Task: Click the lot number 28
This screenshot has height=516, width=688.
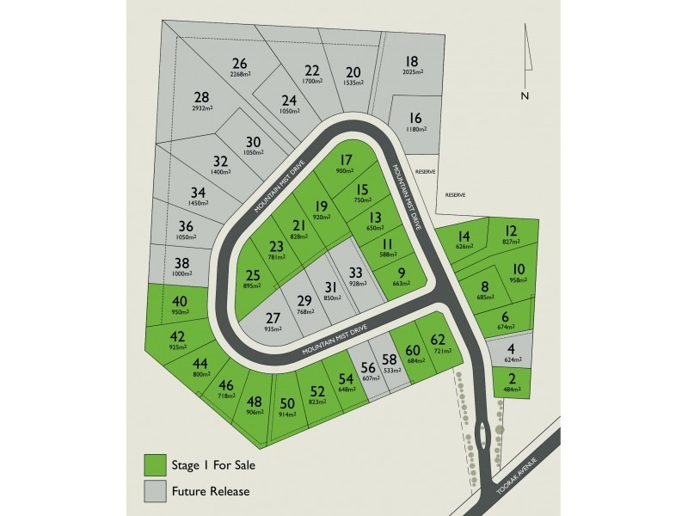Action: tap(202, 97)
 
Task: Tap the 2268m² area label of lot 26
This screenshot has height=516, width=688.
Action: tap(239, 75)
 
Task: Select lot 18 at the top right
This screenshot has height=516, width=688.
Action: tap(413, 61)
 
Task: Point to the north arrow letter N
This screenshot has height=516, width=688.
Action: tap(524, 95)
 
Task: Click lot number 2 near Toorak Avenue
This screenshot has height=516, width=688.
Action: tap(512, 380)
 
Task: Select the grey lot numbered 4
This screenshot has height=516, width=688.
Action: tap(511, 348)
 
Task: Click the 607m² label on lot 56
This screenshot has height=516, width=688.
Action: tap(371, 377)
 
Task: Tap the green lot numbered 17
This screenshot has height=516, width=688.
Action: tap(346, 159)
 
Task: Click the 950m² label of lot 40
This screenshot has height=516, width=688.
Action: tap(180, 313)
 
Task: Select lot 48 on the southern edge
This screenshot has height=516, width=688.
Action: tap(255, 402)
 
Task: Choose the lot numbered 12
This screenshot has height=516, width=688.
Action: tap(511, 230)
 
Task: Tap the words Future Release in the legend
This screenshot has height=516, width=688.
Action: tap(212, 492)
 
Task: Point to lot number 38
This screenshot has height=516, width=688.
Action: tap(181, 264)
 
